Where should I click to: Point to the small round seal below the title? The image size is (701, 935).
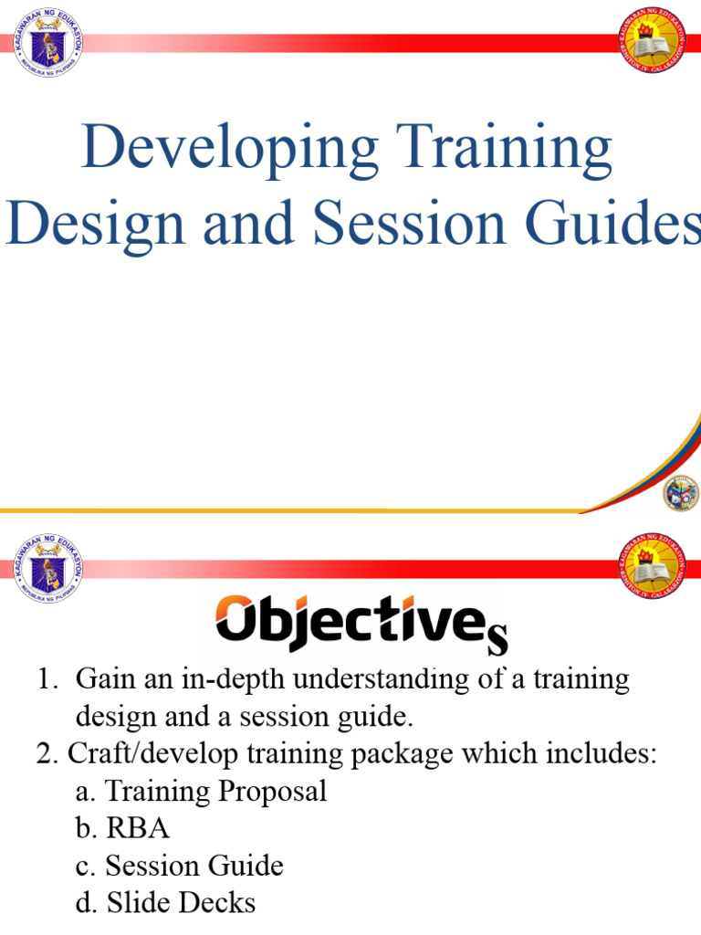coord(681,492)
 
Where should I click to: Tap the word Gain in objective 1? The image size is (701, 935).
coord(104,679)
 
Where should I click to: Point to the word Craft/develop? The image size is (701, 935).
coord(147,754)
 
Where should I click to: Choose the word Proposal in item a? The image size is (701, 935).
coord(273,791)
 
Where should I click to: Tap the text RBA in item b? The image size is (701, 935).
coord(138,828)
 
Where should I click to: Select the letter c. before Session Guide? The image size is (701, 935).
coord(89,866)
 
